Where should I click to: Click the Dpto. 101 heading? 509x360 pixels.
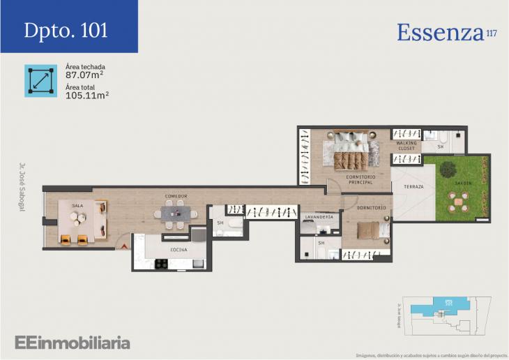(x=66, y=30)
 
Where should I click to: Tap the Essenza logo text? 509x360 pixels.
(x=441, y=32)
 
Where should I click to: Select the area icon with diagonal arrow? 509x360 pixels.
(x=40, y=80)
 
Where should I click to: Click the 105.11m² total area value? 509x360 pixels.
(x=86, y=96)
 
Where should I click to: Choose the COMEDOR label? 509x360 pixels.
(x=176, y=197)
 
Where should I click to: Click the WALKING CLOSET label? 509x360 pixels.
(x=406, y=146)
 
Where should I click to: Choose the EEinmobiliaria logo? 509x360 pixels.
(x=73, y=342)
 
